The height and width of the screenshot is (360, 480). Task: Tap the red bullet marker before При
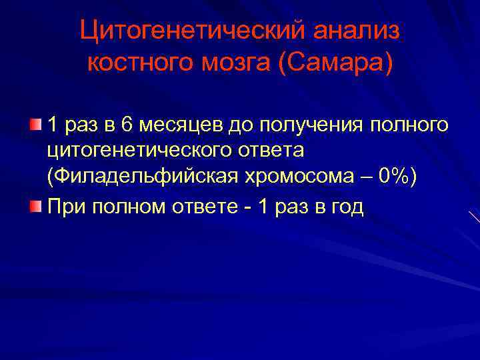(38, 207)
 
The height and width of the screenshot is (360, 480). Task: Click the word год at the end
(346, 207)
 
